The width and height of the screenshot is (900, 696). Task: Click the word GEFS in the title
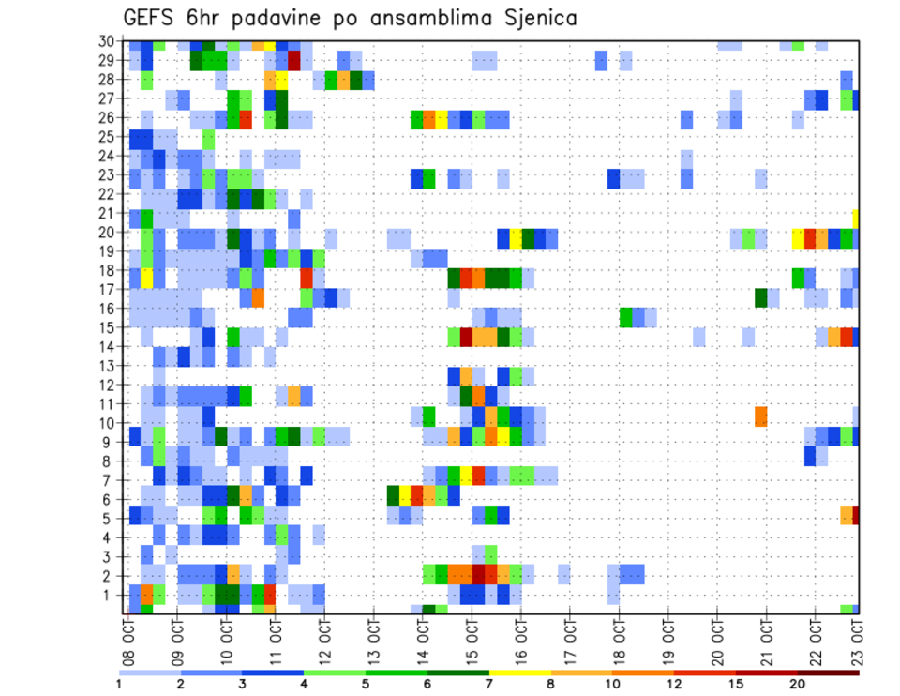coord(150,17)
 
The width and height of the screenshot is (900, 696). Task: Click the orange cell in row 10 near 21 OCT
coord(761,416)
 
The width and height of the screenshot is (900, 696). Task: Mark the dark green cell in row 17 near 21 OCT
coord(761,297)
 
